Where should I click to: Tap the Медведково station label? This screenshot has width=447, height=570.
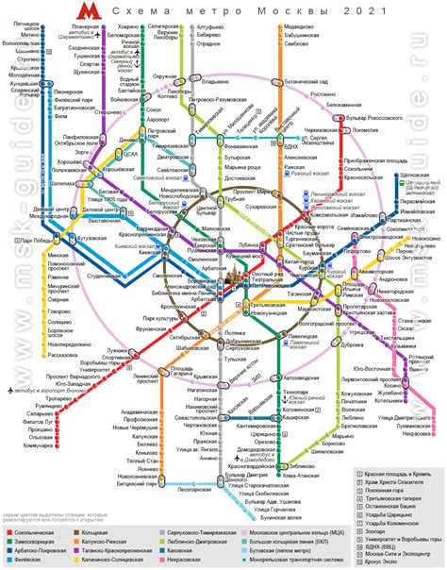(298, 27)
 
